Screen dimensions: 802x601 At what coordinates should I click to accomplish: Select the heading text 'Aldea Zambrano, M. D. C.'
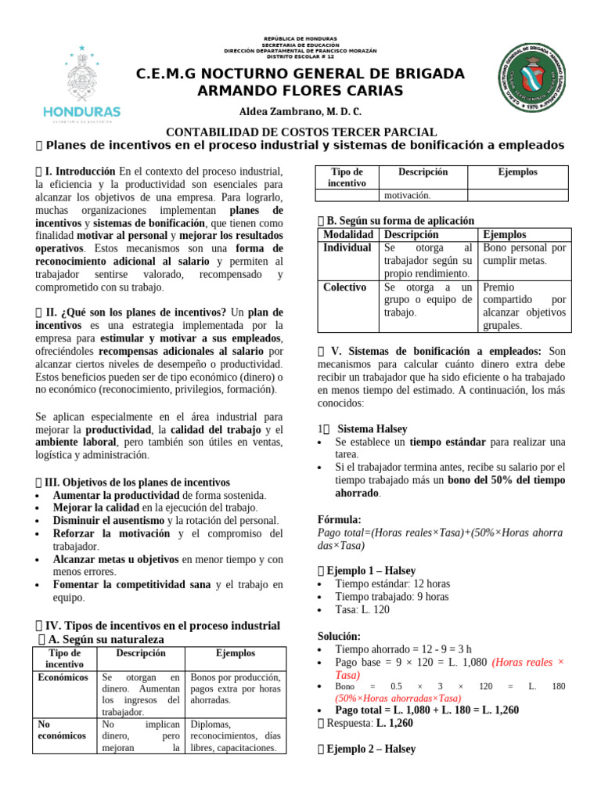point(300,111)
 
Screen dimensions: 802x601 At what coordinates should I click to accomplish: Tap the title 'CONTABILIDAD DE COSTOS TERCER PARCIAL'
point(300,133)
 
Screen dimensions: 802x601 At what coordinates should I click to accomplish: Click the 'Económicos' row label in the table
point(63,677)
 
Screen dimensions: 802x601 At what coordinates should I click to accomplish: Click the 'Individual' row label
point(347,247)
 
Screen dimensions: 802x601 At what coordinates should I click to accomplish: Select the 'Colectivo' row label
point(344,287)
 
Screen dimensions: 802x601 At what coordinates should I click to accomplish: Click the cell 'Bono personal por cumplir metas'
point(524,254)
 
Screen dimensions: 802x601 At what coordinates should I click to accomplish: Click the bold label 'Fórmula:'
point(339,519)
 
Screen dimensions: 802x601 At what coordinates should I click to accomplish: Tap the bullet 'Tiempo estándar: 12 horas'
point(391,583)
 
